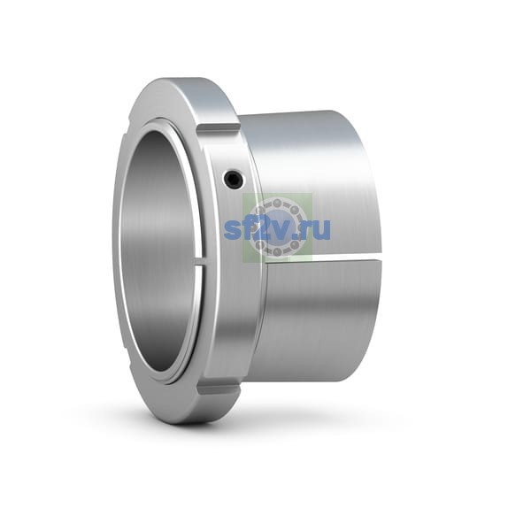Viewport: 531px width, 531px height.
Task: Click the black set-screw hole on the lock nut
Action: click(235, 178)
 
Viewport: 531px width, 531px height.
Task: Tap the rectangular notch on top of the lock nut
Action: click(219, 128)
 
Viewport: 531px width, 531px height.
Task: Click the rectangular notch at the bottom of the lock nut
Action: click(219, 390)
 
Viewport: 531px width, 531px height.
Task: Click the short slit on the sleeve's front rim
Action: click(200, 261)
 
